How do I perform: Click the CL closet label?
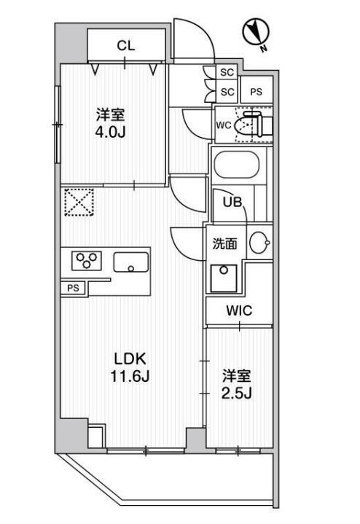[125, 46]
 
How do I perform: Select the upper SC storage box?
[227, 72]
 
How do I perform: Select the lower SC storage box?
[227, 91]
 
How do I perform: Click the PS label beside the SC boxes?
[256, 92]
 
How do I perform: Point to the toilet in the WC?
[253, 125]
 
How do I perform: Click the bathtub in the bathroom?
[237, 165]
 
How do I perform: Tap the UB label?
[232, 202]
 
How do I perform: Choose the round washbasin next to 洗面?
[259, 243]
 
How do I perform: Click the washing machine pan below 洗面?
[224, 278]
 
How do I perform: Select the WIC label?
[239, 310]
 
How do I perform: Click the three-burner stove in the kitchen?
[87, 261]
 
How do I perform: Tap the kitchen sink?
[131, 262]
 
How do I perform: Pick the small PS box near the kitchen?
[73, 288]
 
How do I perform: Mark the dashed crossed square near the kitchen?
[79, 202]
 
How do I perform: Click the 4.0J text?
[110, 133]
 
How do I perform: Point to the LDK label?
[130, 359]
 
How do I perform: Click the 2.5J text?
[236, 394]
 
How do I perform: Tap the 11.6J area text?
[130, 377]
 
